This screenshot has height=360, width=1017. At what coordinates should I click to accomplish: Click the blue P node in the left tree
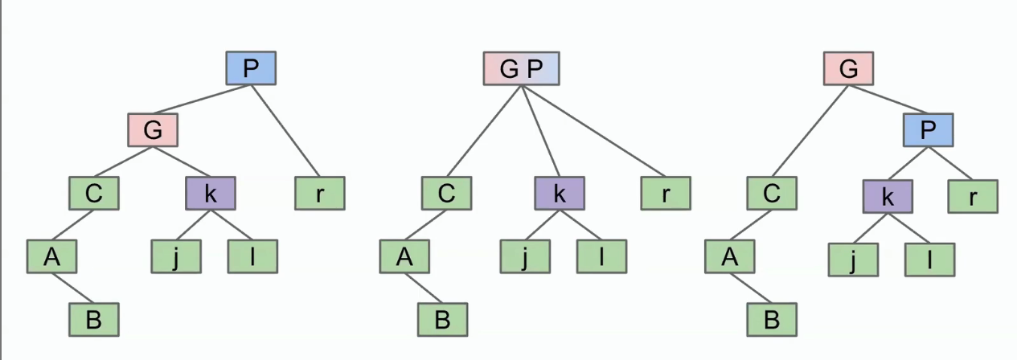(251, 68)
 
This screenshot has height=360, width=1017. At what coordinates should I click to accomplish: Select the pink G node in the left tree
(153, 130)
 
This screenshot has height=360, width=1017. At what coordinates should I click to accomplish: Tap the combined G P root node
(521, 68)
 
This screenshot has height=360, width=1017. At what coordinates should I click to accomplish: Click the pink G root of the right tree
(848, 68)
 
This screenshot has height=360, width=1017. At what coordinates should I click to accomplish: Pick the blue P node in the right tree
(928, 130)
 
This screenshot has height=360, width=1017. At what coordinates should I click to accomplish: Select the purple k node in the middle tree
(560, 194)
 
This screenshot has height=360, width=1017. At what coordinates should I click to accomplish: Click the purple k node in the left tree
(211, 194)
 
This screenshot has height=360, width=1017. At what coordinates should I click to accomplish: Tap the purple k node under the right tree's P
(888, 197)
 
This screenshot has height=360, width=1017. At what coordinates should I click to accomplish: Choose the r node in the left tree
(320, 194)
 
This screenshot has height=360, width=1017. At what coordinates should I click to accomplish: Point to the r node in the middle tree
(666, 194)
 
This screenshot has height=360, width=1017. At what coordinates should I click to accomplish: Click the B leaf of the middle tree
(443, 320)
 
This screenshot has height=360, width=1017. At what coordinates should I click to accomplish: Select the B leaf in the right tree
(772, 320)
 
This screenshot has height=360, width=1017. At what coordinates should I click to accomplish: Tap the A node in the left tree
(51, 256)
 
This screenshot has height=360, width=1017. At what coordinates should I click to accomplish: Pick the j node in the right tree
(853, 260)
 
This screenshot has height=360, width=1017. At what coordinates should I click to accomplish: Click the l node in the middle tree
(601, 256)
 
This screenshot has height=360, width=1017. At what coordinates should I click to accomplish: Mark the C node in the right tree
(772, 194)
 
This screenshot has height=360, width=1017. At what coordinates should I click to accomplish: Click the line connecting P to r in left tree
(285, 131)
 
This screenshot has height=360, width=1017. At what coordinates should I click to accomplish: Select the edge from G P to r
(594, 131)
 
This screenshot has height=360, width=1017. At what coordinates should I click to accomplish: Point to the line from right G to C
(810, 131)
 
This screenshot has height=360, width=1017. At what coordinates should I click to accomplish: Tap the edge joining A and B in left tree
(72, 288)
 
